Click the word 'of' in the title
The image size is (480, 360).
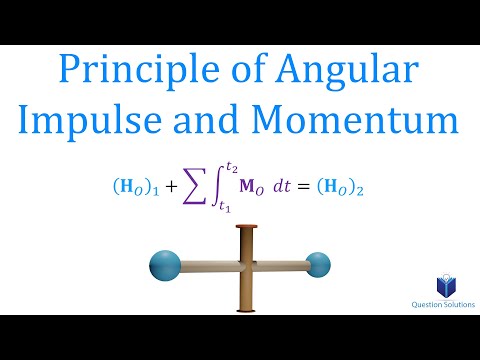(243, 73)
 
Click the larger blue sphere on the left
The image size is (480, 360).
(163, 267)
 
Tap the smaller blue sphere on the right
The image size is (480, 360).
(318, 265)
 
